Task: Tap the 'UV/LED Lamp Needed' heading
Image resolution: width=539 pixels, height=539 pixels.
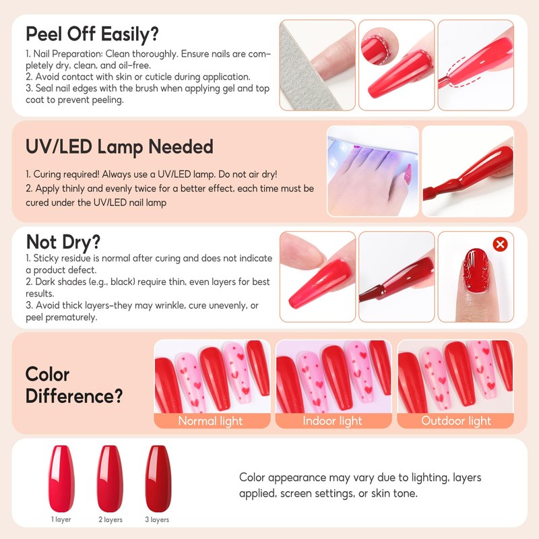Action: click(x=119, y=146)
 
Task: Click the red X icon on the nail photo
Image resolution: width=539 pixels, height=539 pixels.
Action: click(x=500, y=244)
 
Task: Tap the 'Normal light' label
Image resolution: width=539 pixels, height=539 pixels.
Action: click(x=210, y=421)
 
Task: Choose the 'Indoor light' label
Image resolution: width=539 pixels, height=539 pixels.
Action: click(x=332, y=421)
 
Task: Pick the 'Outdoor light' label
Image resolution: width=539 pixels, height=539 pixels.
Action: click(x=456, y=421)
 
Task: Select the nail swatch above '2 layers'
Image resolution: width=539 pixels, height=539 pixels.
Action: click(x=110, y=475)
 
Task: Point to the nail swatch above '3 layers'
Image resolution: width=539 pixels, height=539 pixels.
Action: click(x=160, y=475)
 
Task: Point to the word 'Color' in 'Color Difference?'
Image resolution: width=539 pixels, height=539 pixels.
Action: click(x=47, y=374)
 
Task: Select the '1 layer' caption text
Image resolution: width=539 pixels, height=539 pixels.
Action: click(x=61, y=519)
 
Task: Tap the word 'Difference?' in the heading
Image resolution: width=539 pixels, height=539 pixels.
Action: click(x=69, y=395)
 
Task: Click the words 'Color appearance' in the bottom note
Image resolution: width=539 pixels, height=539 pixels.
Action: click(x=280, y=478)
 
